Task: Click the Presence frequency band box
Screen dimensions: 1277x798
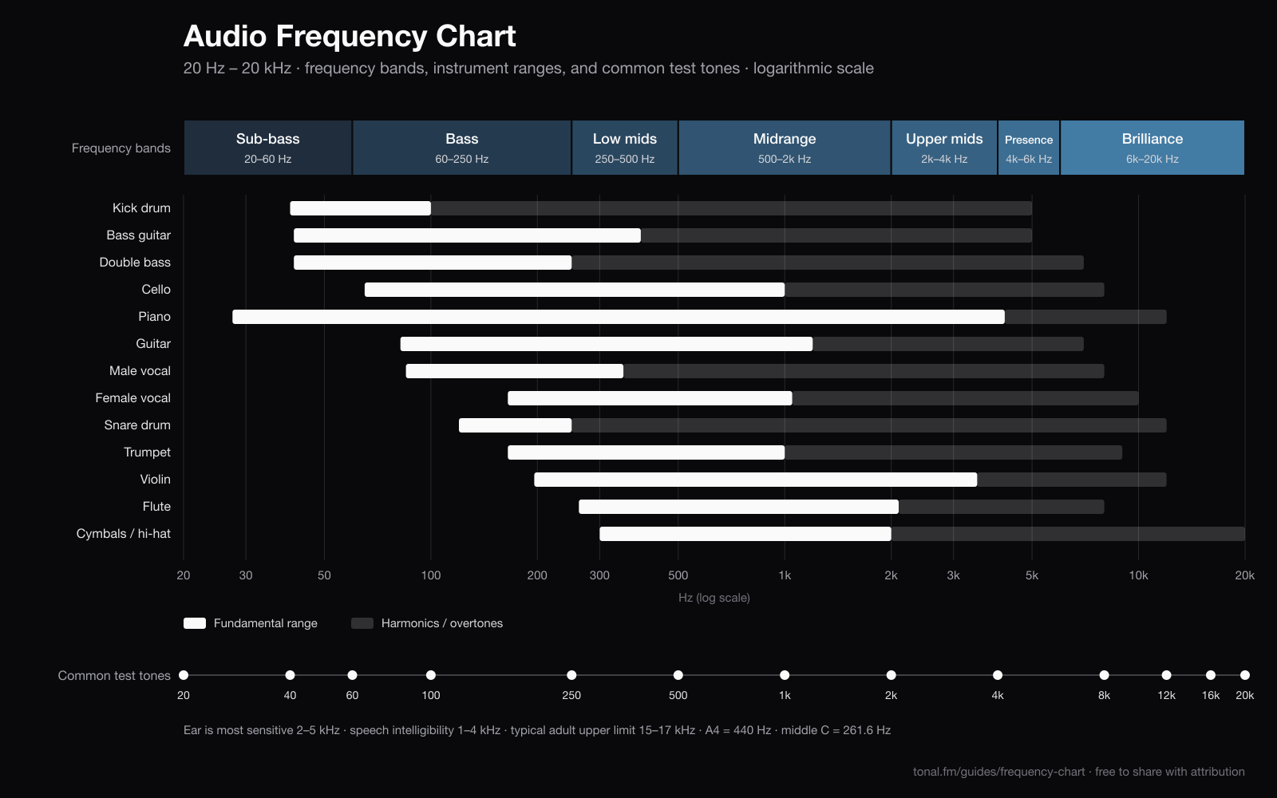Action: point(1029,148)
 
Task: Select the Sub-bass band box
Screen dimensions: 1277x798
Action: point(268,148)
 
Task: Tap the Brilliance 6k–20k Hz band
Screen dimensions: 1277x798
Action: point(1152,148)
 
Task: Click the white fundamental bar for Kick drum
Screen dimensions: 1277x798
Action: point(360,208)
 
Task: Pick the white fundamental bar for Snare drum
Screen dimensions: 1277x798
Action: point(516,425)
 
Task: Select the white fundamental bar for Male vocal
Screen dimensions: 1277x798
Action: point(515,371)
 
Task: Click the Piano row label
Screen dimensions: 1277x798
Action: point(155,316)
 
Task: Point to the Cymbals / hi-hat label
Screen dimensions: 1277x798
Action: point(124,534)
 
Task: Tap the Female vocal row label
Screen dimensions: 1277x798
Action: point(132,398)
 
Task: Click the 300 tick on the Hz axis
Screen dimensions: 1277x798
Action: point(599,575)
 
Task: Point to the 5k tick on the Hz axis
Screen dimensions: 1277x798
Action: point(1032,575)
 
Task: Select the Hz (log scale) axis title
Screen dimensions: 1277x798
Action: point(714,598)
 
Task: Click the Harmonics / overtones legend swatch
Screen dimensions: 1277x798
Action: point(362,623)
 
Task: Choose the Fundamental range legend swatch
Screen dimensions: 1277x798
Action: point(195,623)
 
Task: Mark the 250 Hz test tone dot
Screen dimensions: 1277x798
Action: point(571,675)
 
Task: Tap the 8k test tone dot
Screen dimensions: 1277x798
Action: point(1105,675)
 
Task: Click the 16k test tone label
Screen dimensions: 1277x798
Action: point(1210,695)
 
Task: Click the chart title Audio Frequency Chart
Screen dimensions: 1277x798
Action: point(350,36)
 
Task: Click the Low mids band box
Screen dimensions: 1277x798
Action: point(625,148)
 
